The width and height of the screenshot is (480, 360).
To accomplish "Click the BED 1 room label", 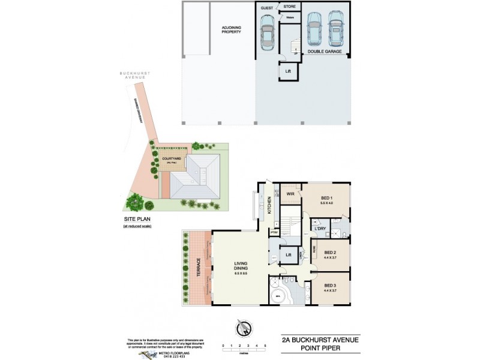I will [327, 199].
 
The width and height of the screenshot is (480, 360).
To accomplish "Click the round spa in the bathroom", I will [278, 296].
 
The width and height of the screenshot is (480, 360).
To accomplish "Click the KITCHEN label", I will [270, 205].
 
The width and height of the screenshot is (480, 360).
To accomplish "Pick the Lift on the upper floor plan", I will [289, 255].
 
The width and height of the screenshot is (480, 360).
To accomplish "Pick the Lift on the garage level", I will [289, 71].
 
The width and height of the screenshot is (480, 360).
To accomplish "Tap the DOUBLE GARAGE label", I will [325, 52].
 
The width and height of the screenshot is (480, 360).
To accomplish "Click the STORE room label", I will [289, 7].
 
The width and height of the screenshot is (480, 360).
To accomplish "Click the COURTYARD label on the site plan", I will [172, 159].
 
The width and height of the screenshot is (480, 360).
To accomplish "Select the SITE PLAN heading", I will [136, 220].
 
